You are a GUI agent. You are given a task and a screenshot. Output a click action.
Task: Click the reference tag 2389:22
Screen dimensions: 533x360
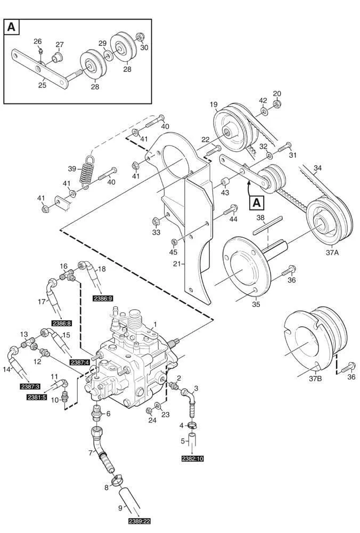(x=140, y=521)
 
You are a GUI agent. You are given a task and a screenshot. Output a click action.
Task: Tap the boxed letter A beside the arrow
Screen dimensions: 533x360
(x=256, y=203)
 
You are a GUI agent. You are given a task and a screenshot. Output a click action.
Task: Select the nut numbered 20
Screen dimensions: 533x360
(x=276, y=107)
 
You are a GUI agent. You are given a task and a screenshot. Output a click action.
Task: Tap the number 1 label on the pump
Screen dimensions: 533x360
(x=155, y=324)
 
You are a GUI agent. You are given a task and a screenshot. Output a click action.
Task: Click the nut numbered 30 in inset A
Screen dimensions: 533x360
(x=140, y=37)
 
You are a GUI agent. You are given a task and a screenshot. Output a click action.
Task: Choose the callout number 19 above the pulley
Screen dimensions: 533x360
(x=214, y=104)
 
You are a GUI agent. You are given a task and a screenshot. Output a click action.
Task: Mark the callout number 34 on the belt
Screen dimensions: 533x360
(x=317, y=169)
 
